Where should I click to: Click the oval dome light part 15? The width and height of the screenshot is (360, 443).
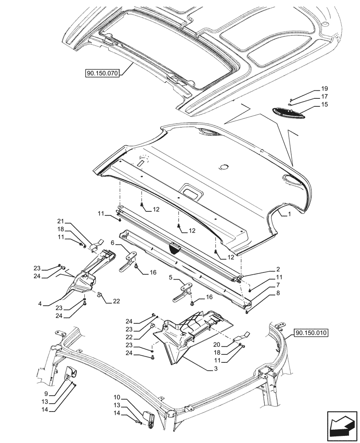[x=286, y=113]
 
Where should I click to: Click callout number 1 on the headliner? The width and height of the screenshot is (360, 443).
[x=289, y=214]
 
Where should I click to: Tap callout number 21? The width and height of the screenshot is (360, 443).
[x=61, y=221]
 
